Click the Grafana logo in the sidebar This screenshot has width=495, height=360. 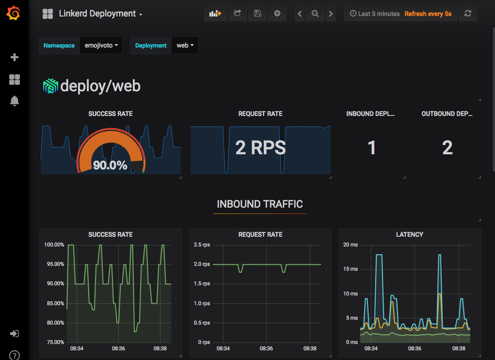pyautogui.click(x=14, y=14)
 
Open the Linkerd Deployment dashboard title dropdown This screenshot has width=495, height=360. pyautogui.click(x=100, y=14)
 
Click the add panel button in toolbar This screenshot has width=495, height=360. pyautogui.click(x=215, y=14)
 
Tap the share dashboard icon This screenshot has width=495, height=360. pyautogui.click(x=238, y=14)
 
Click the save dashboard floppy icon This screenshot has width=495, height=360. pyautogui.click(x=257, y=14)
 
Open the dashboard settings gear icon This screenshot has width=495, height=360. pyautogui.click(x=277, y=14)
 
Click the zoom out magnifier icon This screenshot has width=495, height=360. pyautogui.click(x=315, y=14)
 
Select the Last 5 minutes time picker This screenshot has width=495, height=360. pyautogui.click(x=375, y=14)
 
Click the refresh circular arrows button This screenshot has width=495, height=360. pyautogui.click(x=468, y=14)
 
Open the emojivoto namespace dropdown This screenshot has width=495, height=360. pyautogui.click(x=101, y=46)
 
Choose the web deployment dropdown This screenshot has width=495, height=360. pyautogui.click(x=185, y=46)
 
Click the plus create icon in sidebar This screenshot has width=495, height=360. pyautogui.click(x=15, y=57)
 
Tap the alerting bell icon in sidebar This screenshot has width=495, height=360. pyautogui.click(x=15, y=101)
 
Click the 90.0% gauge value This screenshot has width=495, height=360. pyautogui.click(x=110, y=165)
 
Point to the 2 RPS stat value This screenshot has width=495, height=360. pyautogui.click(x=260, y=147)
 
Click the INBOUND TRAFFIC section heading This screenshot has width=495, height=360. pyautogui.click(x=260, y=204)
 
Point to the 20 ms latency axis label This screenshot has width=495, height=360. pyautogui.click(x=350, y=245)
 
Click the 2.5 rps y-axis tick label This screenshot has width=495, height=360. pyautogui.click(x=202, y=245)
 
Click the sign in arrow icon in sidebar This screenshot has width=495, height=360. pyautogui.click(x=15, y=334)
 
